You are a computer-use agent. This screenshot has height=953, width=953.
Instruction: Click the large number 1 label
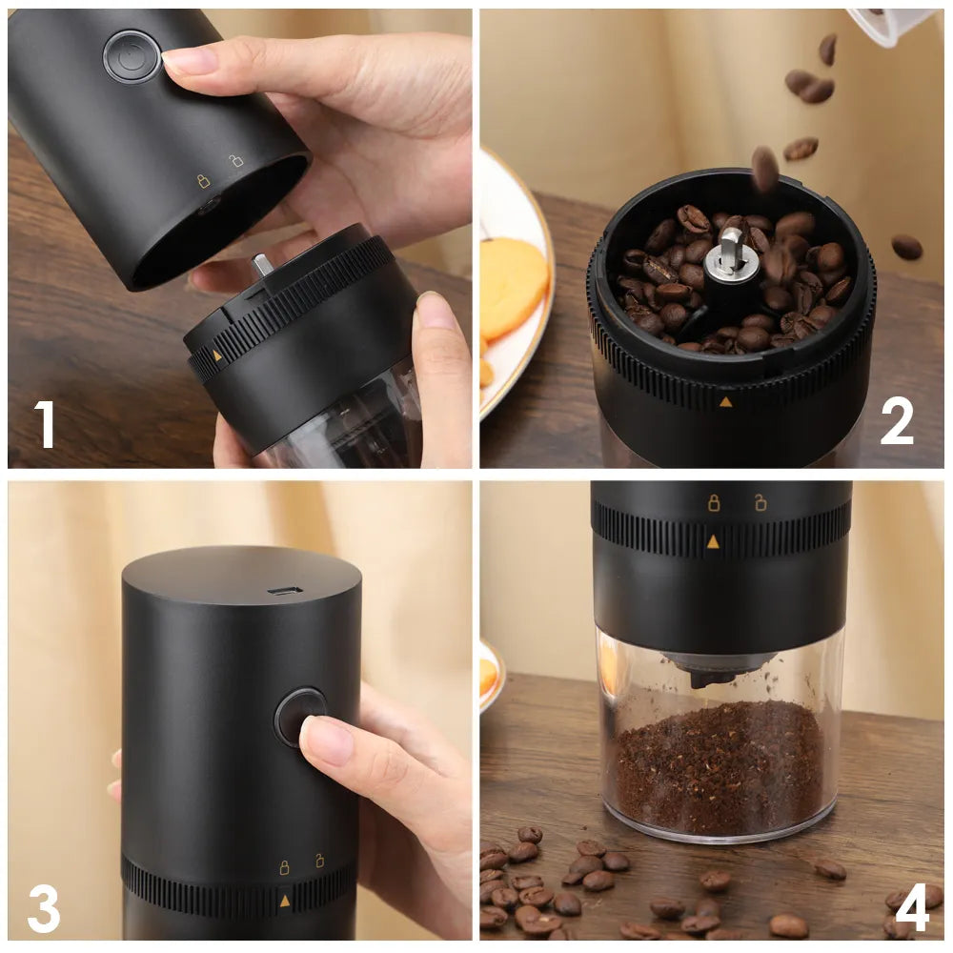pos(46,424)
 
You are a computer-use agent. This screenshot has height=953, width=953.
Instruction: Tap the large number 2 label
pos(897,421)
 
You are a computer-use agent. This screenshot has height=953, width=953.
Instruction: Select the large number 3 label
pos(44,908)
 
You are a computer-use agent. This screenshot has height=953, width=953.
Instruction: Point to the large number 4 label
pos(912,908)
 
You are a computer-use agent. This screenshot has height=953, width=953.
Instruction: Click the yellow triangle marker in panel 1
pos(217,355)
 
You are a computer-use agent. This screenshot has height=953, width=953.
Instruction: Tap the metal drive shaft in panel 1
pos(261,265)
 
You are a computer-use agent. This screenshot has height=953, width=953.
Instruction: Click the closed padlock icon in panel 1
pos(203,180)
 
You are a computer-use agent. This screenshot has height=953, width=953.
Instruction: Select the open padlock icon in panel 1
pos(236,160)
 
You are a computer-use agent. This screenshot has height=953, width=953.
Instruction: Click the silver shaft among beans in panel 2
pos(731,250)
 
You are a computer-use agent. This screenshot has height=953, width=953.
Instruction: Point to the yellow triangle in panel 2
pos(725,401)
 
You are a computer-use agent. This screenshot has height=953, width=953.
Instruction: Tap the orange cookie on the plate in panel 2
pos(512,286)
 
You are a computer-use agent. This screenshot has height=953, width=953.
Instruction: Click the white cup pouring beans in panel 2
pos(891,25)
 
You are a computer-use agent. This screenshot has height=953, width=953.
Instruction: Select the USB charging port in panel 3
pos(284,591)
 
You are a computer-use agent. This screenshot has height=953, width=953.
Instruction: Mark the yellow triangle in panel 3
pos(284,900)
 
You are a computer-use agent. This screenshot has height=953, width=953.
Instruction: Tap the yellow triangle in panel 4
pos(713,541)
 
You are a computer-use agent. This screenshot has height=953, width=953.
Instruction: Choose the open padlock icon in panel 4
pos(760,502)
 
